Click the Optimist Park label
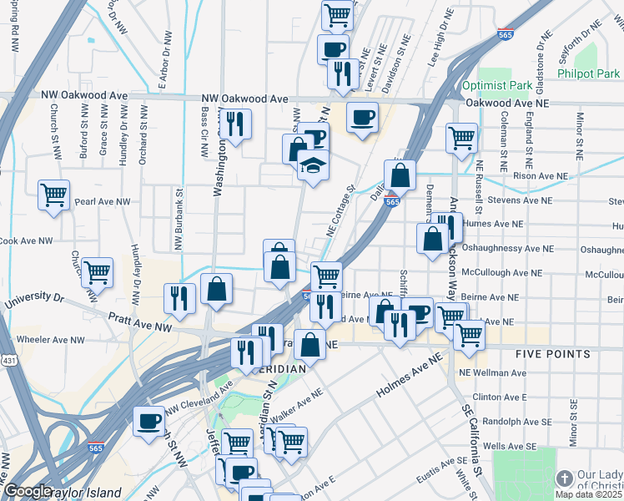click(x=497, y=85)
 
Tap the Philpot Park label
click(x=595, y=73)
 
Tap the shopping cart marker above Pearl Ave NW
click(x=53, y=195)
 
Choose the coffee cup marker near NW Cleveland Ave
click(x=149, y=420)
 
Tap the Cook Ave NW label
click(x=27, y=240)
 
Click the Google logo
click(x=27, y=492)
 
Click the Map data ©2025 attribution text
click(x=588, y=494)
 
